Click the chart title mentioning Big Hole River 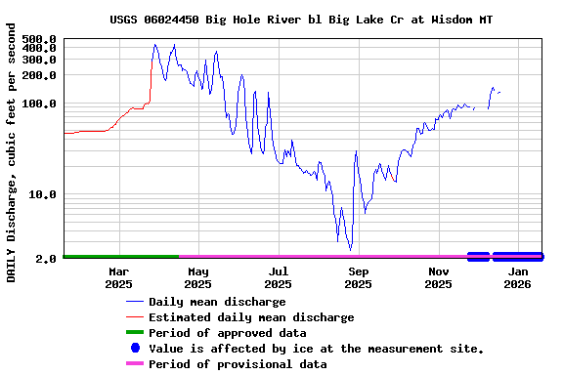(x=301, y=19)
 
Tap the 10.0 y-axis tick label (x=43, y=195)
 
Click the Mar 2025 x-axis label (x=118, y=277)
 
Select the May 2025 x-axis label (x=198, y=277)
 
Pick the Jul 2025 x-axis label (x=279, y=277)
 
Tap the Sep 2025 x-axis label (x=359, y=277)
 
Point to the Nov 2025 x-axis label (x=439, y=277)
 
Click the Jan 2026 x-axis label (x=518, y=277)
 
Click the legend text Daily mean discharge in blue (x=217, y=302)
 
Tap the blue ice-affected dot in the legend (x=135, y=349)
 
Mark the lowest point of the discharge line (x=350, y=250)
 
